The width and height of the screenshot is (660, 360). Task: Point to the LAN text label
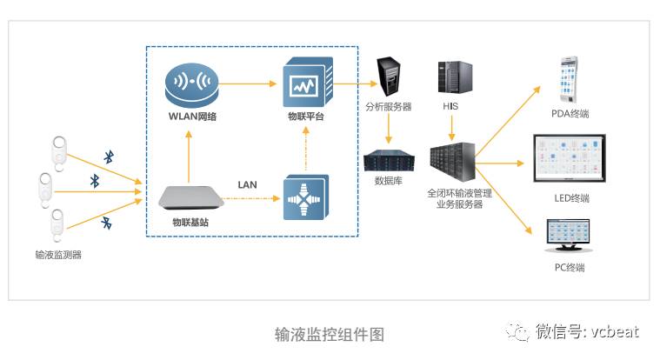(x=248, y=184)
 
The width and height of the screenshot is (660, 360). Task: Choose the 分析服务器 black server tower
(x=388, y=77)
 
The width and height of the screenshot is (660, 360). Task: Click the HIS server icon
(x=452, y=79)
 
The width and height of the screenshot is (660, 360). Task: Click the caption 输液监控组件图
(x=329, y=334)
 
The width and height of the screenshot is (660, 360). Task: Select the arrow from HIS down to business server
(x=451, y=129)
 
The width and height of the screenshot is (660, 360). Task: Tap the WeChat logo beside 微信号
(x=520, y=331)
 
